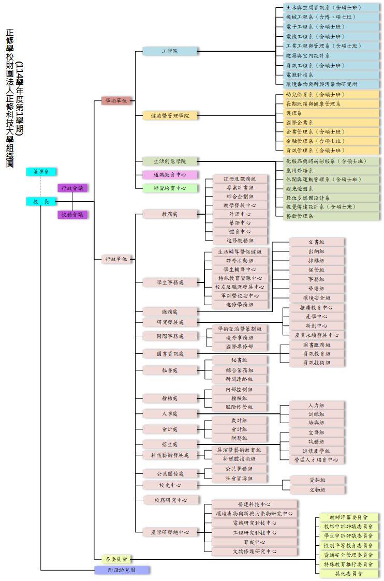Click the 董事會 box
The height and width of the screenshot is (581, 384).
pyautogui.click(x=41, y=172)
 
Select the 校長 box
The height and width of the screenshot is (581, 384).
pyautogui.click(x=41, y=202)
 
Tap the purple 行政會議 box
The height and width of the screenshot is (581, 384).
pyautogui.click(x=72, y=188)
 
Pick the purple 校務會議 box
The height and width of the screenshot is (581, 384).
pyautogui.click(x=72, y=214)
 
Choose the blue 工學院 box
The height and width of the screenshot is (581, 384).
pyautogui.click(x=170, y=51)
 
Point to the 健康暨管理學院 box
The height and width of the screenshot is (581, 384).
pyautogui.click(x=170, y=116)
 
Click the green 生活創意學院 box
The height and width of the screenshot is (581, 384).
pyautogui.click(x=170, y=161)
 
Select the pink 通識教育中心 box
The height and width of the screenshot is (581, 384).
pyautogui.click(x=170, y=175)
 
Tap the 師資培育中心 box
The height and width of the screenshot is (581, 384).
pyautogui.click(x=170, y=188)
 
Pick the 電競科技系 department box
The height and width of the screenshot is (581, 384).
pyautogui.click(x=328, y=75)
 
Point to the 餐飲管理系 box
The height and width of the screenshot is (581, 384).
pyautogui.click(x=328, y=216)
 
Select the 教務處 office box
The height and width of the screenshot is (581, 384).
pyautogui.click(x=170, y=214)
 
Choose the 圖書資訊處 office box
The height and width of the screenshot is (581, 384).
pyautogui.click(x=170, y=354)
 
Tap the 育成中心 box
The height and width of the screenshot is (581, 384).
pyautogui.click(x=254, y=542)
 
